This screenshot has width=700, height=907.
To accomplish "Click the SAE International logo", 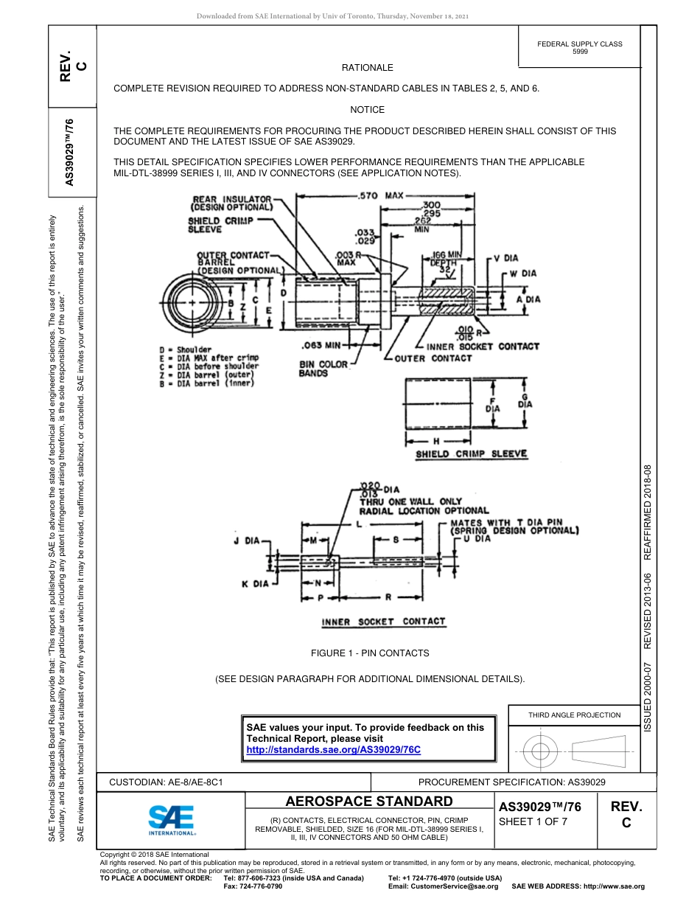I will [x=172, y=819].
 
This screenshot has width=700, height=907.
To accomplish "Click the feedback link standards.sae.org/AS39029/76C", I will [x=332, y=749].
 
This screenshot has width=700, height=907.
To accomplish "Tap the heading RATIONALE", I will [x=368, y=67].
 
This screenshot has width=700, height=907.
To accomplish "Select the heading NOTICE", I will [x=368, y=110].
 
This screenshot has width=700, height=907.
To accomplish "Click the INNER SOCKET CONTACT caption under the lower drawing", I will [x=383, y=622].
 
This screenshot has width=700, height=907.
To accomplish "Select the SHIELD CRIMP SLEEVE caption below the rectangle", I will [x=472, y=454].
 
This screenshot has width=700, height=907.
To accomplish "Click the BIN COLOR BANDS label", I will [x=323, y=369].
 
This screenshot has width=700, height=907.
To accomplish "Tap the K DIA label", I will [x=255, y=584].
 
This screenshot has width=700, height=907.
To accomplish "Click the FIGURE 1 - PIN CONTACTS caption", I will [x=370, y=653].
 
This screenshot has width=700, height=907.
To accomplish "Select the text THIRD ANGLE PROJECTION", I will [x=574, y=715].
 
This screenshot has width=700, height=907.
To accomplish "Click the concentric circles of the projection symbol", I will [x=540, y=751].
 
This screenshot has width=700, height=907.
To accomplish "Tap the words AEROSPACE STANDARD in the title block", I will [x=369, y=802].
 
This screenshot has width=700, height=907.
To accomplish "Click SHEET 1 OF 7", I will [x=533, y=822].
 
